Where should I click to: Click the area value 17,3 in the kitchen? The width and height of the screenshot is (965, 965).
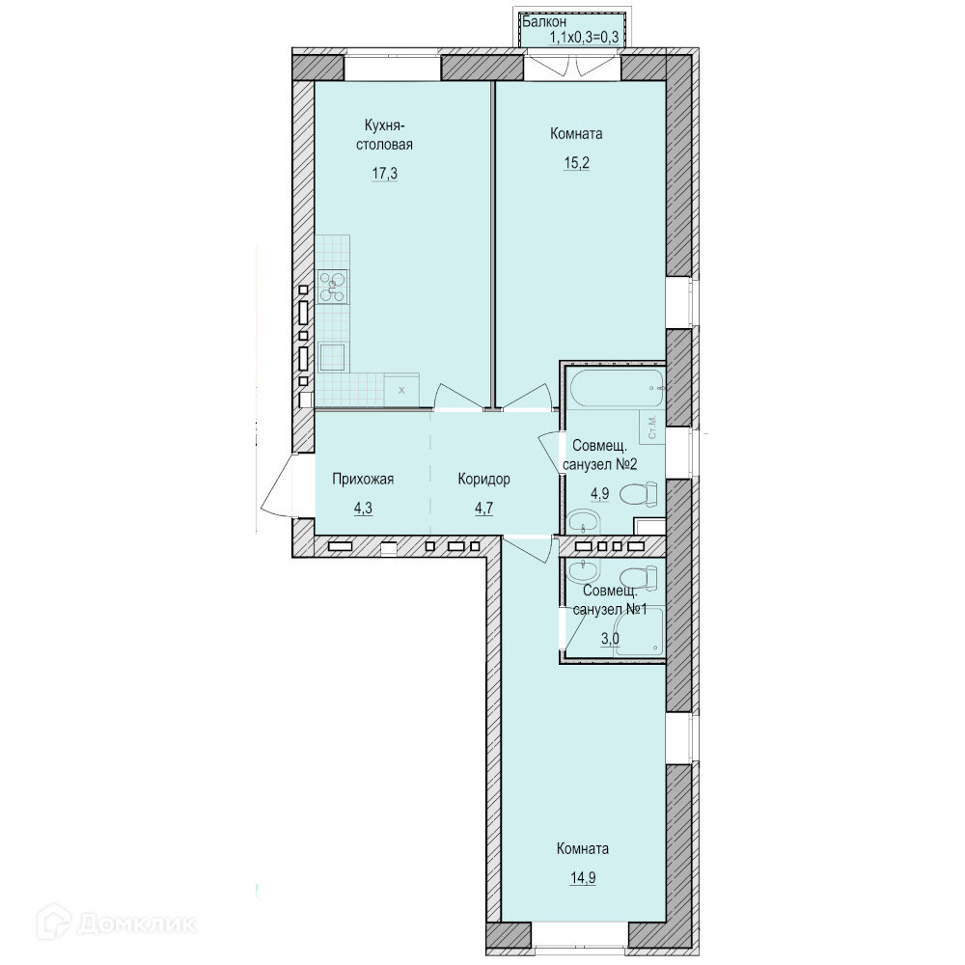tap(385, 174)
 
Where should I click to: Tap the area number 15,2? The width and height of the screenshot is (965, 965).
tap(577, 163)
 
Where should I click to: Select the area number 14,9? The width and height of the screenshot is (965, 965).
tap(583, 877)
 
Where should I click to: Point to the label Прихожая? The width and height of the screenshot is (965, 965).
tap(363, 480)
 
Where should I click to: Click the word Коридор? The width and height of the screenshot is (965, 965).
tap(483, 480)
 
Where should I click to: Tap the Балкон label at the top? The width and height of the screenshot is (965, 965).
tap(544, 22)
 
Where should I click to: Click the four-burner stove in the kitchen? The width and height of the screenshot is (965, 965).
tap(333, 286)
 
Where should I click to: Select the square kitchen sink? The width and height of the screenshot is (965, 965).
tap(332, 358)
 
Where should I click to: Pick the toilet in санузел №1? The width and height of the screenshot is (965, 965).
tap(639, 578)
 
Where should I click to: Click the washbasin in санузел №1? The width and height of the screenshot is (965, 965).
tap(582, 570)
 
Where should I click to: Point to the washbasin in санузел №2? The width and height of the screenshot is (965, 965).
tap(582, 522)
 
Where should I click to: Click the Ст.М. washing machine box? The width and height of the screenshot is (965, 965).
tap(651, 426)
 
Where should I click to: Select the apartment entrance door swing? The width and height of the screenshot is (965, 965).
tap(279, 486)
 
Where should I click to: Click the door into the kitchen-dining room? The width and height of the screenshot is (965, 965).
tap(458, 397)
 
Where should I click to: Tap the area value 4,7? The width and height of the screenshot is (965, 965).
tap(484, 509)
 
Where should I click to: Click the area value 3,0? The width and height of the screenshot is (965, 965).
tap(610, 639)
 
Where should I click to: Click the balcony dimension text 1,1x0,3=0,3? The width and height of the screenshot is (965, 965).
tap(584, 37)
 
